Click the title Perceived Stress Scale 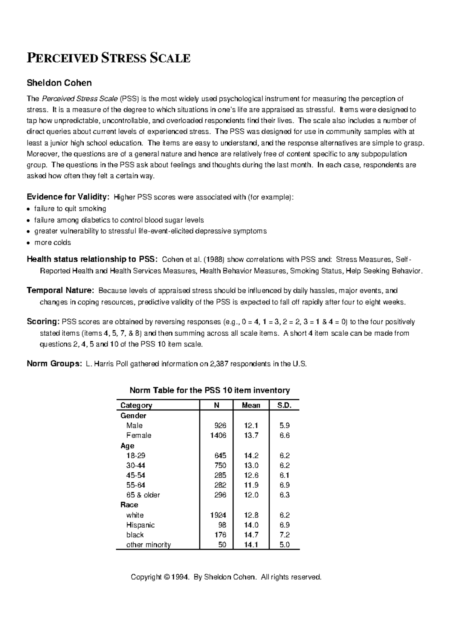[108, 58]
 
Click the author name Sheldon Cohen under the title [59, 82]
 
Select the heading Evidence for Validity [68, 197]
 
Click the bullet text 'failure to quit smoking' [70, 208]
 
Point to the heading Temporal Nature [60, 291]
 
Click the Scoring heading [43, 322]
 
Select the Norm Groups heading [54, 364]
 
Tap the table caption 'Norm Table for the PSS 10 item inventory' [209, 390]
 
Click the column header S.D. [284, 405]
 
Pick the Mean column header [251, 405]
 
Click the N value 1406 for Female [218, 435]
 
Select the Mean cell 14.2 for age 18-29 [251, 455]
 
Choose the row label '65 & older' [143, 495]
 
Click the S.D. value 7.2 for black [284, 535]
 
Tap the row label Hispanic [140, 525]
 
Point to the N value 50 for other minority [222, 545]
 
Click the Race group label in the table [129, 505]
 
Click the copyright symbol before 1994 [168, 577]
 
